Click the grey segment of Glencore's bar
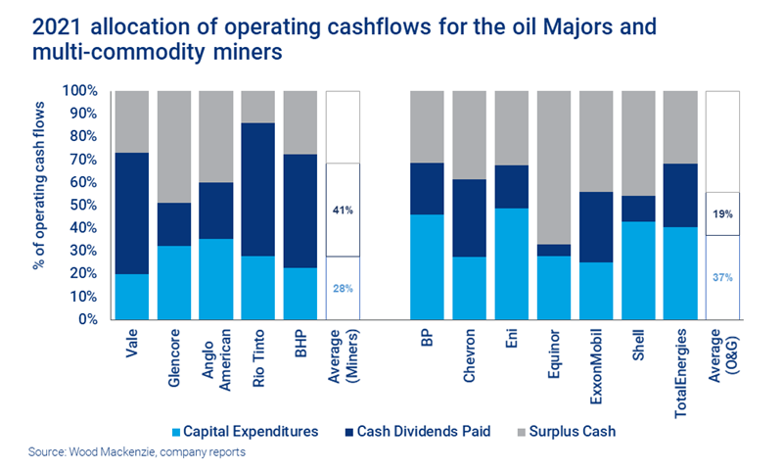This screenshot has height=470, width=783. click(173, 147)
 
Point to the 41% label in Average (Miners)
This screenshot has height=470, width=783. click(343, 210)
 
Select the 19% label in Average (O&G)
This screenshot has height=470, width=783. click(721, 213)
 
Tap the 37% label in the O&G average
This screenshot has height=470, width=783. click(721, 277)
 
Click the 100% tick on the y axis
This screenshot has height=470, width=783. click(80, 91)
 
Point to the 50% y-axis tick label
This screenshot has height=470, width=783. click(83, 205)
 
